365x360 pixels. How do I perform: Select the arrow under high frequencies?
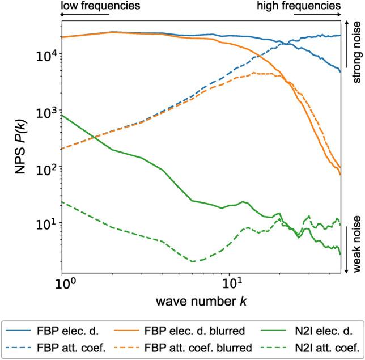314,16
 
